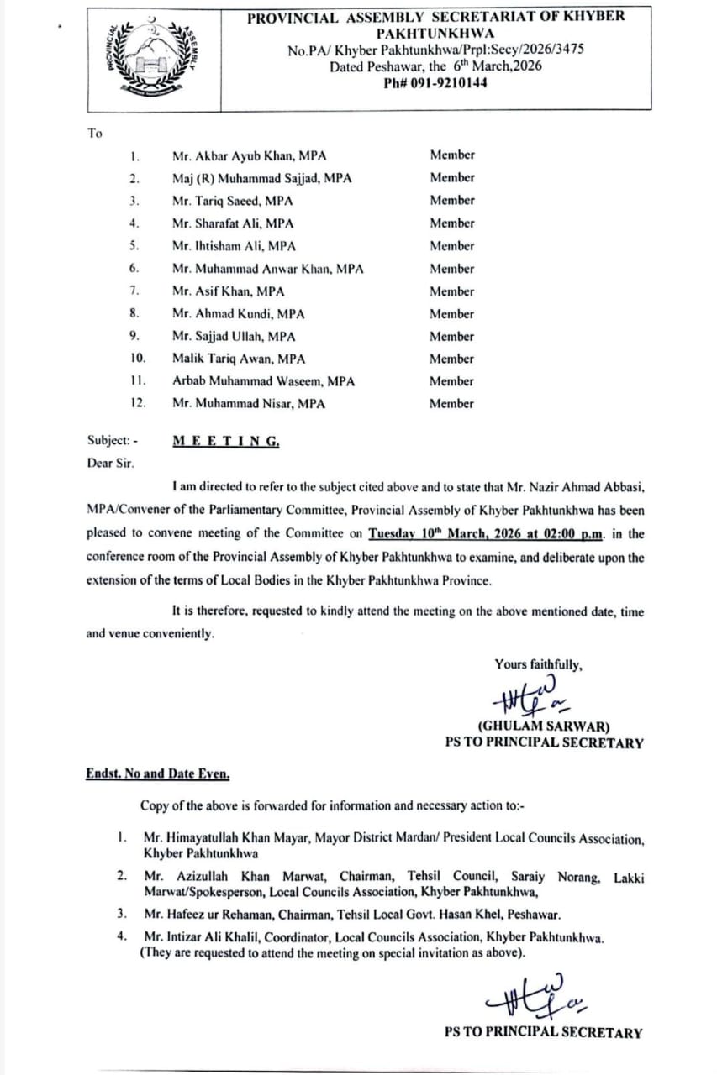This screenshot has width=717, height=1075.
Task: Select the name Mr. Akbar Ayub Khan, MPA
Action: tap(249, 156)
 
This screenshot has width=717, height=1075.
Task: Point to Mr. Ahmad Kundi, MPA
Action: tap(238, 314)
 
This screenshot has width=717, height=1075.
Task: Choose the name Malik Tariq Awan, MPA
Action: tap(239, 359)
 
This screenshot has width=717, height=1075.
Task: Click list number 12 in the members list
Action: tap(139, 403)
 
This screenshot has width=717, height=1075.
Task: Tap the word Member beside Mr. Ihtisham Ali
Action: tap(452, 246)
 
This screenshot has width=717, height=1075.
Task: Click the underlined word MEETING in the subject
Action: tap(225, 441)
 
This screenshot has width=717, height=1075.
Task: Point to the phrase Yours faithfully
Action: tap(538, 664)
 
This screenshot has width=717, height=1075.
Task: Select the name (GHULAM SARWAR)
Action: tap(544, 726)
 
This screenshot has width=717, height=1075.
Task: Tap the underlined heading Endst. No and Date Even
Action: tap(157, 773)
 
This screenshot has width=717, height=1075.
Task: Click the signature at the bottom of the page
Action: tap(536, 995)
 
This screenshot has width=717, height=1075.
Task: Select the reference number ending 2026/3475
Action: tap(435, 50)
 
